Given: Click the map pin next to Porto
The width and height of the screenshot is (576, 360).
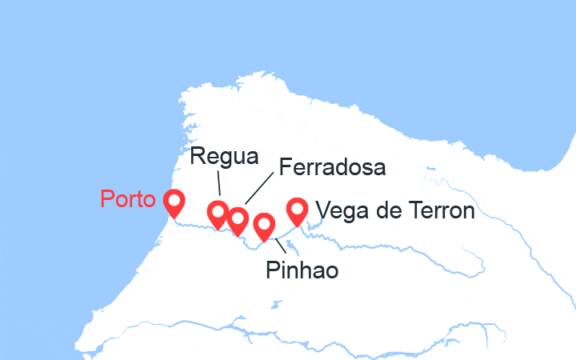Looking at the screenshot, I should tap(173, 203).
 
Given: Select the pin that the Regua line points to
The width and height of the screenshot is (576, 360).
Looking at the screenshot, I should tap(218, 214).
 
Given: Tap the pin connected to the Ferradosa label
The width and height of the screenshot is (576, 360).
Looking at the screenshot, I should tap(238, 220).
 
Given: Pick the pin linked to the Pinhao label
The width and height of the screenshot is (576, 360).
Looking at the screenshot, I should tap(264, 227).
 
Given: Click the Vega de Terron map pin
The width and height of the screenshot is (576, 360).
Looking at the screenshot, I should tap(298, 211).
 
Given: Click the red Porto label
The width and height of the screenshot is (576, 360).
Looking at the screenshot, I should tap(128, 199).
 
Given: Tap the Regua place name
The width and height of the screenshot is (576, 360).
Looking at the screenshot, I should tap(225, 157).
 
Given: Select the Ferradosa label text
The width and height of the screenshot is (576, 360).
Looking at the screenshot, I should tap(331, 168).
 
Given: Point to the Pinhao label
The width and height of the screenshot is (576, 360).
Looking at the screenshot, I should tap(302, 270).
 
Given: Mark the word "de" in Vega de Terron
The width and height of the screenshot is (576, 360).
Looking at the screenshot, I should tap(379, 211).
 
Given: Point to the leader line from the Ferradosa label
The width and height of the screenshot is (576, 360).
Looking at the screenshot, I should tap(258, 190).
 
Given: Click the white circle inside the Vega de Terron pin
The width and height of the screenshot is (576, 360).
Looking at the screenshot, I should tap(298, 208).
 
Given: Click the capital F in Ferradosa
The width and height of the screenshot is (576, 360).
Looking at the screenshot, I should tap(282, 168).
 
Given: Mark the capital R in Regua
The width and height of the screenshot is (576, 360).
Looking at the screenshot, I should tap(197, 157).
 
